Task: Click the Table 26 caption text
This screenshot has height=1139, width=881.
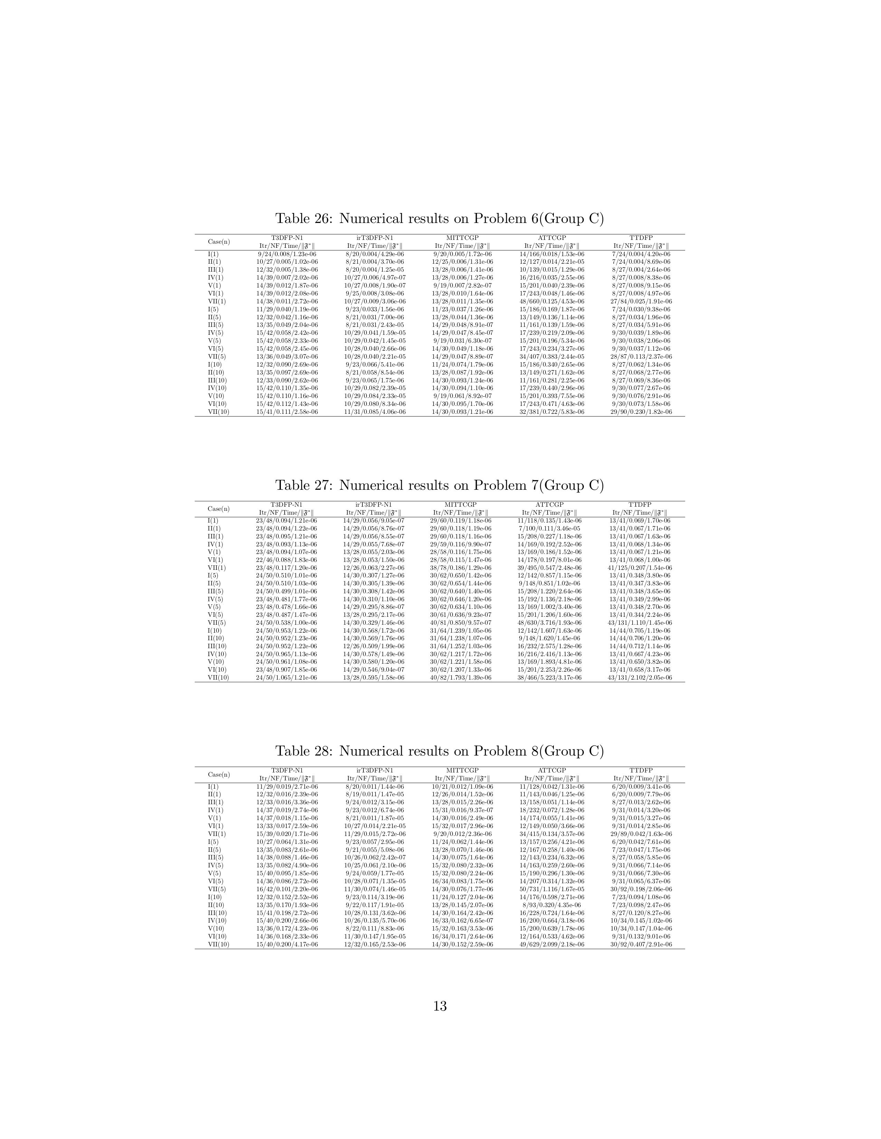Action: click(439, 218)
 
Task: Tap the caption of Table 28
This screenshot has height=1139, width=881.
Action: click(439, 751)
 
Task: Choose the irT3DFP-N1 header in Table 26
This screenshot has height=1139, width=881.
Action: click(375, 238)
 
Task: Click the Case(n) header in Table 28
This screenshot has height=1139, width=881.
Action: click(219, 775)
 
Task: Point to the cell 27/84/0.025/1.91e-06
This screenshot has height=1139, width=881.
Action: click(641, 301)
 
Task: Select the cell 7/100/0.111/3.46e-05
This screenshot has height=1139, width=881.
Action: click(550, 528)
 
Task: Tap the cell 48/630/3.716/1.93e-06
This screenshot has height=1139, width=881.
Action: click(550, 623)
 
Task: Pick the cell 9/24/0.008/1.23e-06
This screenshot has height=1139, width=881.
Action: click(287, 254)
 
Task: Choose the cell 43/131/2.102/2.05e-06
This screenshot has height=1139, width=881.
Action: click(640, 678)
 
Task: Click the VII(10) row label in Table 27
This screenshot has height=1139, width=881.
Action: click(219, 678)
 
